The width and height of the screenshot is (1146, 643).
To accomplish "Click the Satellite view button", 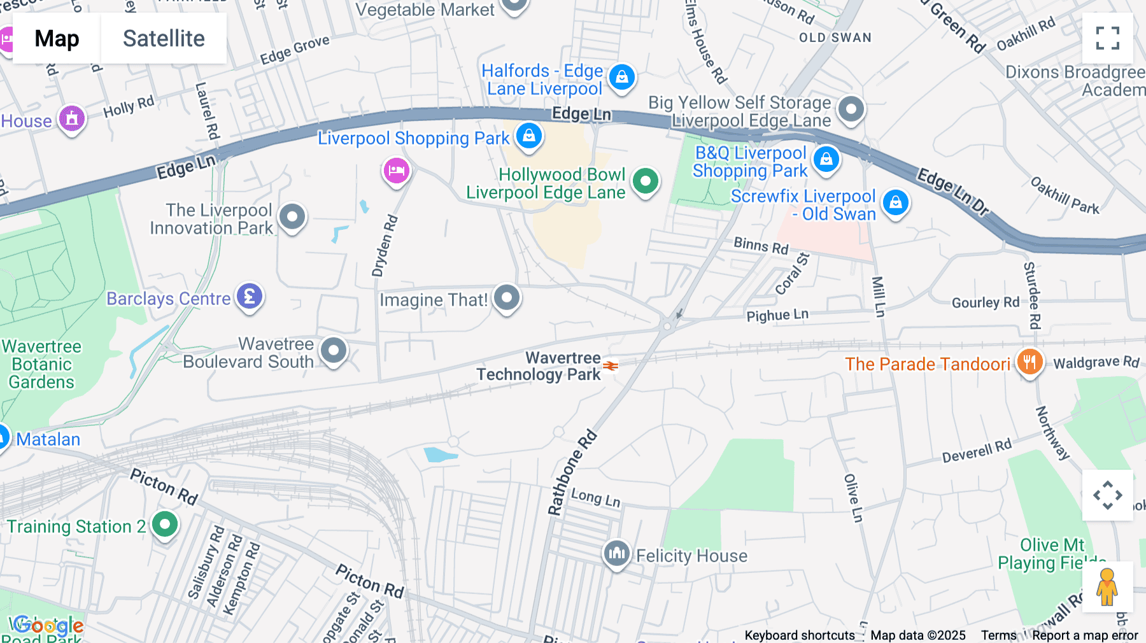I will [x=164, y=38].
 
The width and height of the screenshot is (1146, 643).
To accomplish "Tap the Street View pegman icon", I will [x=1107, y=587].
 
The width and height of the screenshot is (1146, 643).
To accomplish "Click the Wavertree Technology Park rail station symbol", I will [x=611, y=365].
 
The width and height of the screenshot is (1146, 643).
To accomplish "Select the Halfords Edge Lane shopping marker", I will [x=621, y=77].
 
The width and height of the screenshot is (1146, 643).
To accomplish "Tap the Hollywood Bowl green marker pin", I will [x=646, y=181].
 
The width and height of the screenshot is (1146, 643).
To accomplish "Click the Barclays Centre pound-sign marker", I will [x=250, y=297].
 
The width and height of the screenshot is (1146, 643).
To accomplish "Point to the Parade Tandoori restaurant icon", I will [x=1029, y=362].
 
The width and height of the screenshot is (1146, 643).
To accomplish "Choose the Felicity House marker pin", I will [x=616, y=553].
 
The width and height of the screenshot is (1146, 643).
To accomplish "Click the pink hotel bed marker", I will [x=397, y=171].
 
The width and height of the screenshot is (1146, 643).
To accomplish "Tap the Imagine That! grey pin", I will [x=507, y=297].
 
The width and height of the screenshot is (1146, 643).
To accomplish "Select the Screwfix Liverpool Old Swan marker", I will [x=895, y=203].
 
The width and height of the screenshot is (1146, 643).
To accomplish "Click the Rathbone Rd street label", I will [x=572, y=472].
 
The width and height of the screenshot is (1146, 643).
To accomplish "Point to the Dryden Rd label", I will [x=385, y=246].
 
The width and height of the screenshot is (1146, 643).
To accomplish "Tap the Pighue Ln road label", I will [x=777, y=315].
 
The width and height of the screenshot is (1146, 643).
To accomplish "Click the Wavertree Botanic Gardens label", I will [x=42, y=364].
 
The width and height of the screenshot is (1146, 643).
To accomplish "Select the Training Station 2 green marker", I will [x=165, y=525].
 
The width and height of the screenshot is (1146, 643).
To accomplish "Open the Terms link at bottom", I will [x=998, y=635].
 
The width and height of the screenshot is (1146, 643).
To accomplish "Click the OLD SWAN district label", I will [x=835, y=38].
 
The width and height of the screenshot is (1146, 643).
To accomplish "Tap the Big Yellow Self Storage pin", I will [x=851, y=110].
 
